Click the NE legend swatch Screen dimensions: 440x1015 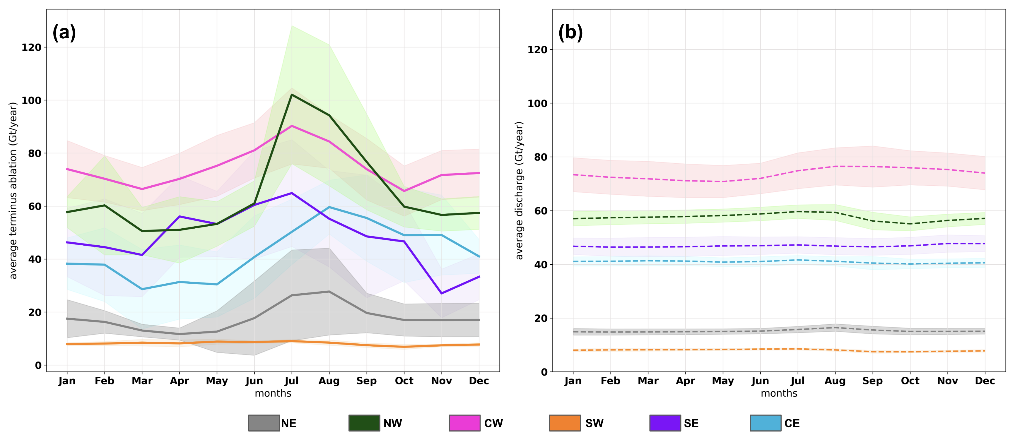click(264, 423)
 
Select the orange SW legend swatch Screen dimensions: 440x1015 click(565, 423)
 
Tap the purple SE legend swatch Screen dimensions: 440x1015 click(665, 423)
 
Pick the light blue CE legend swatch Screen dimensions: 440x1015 click(765, 423)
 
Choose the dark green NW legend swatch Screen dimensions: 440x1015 click(364, 423)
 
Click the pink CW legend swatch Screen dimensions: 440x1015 click(464, 423)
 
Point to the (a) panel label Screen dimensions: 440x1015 click(64, 32)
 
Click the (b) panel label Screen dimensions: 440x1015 click(570, 32)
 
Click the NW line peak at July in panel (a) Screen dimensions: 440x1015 click(292, 95)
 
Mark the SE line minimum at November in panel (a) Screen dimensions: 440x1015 click(441, 293)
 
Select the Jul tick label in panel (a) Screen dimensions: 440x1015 click(292, 381)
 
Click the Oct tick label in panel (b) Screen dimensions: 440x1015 click(910, 381)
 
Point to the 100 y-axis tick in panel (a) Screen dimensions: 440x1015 click(31, 100)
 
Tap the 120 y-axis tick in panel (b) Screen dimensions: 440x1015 click(537, 50)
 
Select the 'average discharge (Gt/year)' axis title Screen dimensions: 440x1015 click(519, 190)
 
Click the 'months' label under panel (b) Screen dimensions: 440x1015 click(779, 393)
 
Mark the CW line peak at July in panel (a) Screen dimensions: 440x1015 click(292, 126)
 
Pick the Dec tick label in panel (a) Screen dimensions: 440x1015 click(479, 381)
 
